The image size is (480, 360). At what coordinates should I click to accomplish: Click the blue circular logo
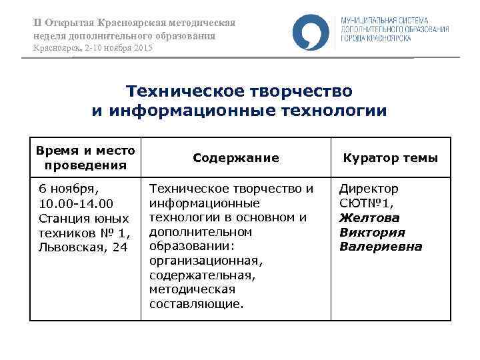tap(311, 31)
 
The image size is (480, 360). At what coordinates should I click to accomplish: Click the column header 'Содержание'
tap(235, 158)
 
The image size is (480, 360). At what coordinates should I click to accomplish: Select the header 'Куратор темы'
tap(390, 158)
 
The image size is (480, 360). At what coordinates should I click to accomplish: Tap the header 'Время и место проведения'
tap(85, 158)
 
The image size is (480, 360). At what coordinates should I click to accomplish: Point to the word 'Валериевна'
tap(381, 247)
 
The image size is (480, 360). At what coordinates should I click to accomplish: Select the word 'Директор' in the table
tap(369, 189)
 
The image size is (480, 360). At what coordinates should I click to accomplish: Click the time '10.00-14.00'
tap(76, 203)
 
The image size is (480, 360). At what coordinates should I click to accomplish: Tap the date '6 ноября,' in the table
tap(69, 189)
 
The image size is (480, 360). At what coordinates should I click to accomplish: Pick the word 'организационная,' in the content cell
tap(206, 261)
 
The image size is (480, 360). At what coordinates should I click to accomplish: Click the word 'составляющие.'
tap(196, 304)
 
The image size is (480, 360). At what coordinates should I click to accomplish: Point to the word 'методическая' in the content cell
tap(193, 289)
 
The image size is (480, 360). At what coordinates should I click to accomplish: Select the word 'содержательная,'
tap(203, 275)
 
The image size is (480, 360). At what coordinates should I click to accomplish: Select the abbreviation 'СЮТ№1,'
tap(365, 203)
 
